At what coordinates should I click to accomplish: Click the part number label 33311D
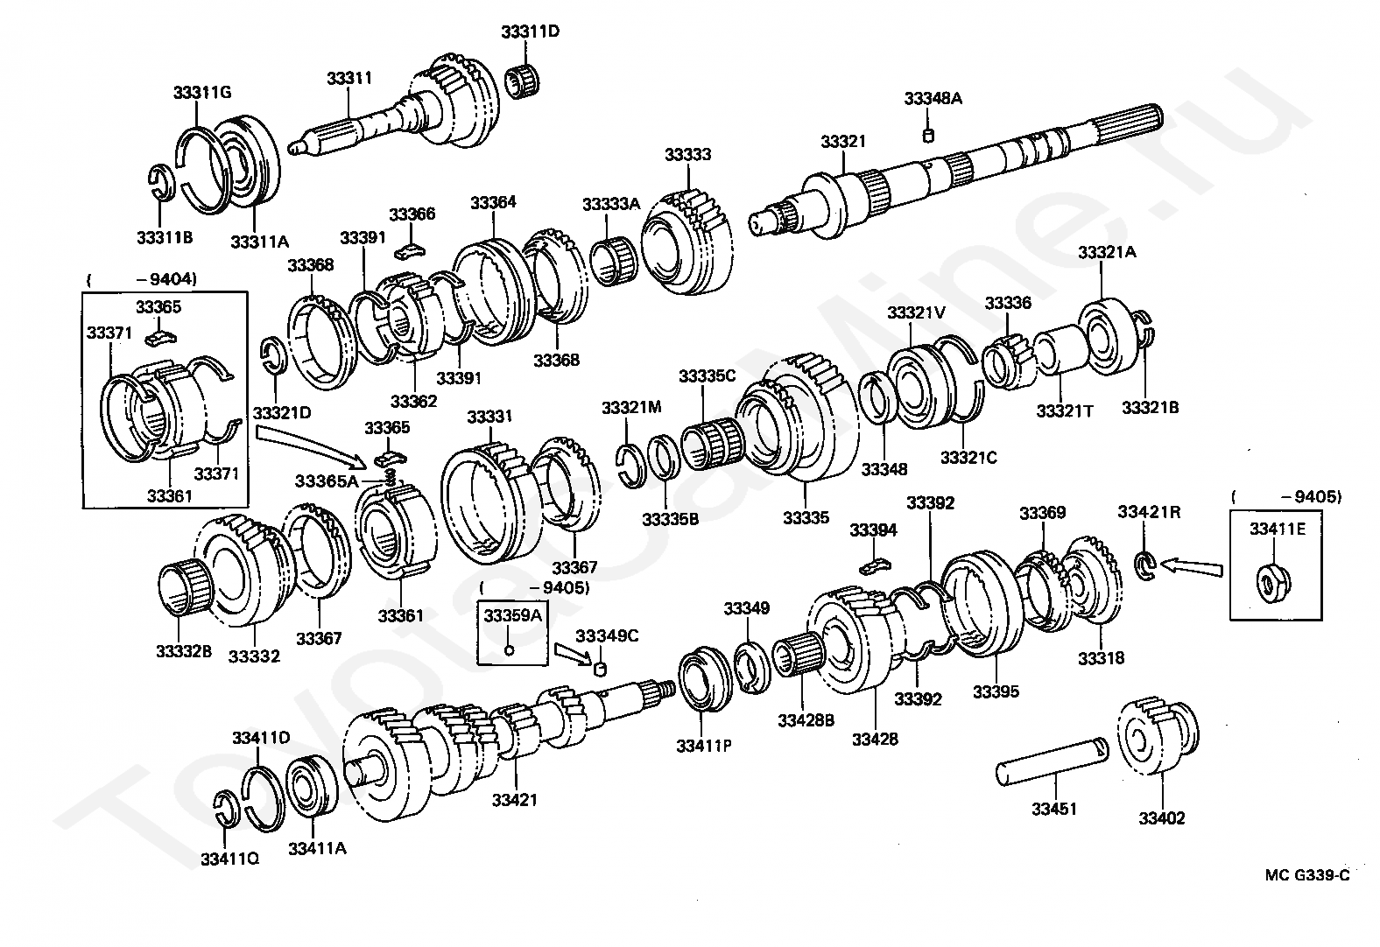531,32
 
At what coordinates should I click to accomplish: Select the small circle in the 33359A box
510,649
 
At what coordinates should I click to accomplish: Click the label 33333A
611,204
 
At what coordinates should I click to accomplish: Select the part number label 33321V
915,312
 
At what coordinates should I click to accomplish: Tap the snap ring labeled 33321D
273,358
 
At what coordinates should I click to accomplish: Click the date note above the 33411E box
1285,497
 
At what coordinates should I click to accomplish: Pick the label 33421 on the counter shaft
515,799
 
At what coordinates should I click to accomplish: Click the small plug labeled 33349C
601,670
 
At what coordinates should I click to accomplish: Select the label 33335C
707,376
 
